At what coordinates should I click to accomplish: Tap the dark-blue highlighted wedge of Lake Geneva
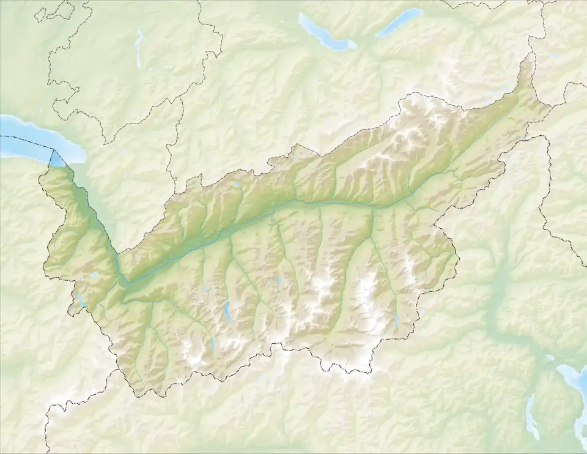pos(57,159)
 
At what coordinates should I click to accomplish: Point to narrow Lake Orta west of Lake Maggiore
pos(530,416)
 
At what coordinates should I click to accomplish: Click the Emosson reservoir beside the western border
pos(81,300)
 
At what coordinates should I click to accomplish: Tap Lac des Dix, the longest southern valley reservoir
pos(228,311)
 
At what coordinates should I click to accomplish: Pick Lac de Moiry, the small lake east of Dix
pos(279,283)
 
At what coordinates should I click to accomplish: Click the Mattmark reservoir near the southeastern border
pos(397,322)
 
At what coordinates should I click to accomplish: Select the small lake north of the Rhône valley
pos(236,184)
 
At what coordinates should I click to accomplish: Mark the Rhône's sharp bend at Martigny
pos(125,283)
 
